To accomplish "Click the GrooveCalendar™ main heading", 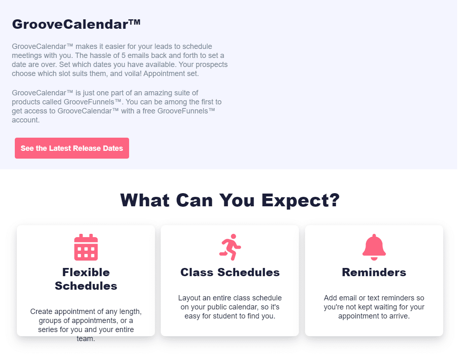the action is pos(76,24).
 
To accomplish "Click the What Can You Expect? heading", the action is pos(230,200).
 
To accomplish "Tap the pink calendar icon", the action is pos(86,247).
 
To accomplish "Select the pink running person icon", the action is pos(230,247).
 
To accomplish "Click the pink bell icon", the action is pos(374,247).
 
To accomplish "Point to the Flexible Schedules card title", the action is pos(86,279).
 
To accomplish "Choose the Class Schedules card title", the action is pos(230,272).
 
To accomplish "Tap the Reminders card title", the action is pos(374,272).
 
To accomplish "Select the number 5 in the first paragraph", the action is pos(124,55).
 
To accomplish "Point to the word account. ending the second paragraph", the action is pos(26,120).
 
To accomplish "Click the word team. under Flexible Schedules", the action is pos(86,339).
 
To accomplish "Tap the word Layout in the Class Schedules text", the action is pos(189,298).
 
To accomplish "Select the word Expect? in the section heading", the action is pos(301,201).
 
